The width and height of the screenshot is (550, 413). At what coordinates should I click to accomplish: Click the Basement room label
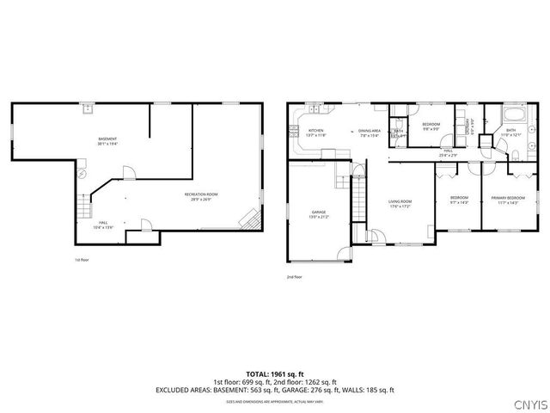click(x=107, y=141)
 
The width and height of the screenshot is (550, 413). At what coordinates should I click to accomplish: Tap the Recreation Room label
click(x=201, y=196)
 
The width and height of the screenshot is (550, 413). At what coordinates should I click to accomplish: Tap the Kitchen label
click(x=316, y=133)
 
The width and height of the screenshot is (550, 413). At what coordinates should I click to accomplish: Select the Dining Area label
click(x=370, y=133)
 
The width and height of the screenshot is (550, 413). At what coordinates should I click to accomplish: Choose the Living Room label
click(x=400, y=204)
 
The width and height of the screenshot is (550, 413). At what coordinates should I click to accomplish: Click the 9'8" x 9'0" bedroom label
click(x=431, y=126)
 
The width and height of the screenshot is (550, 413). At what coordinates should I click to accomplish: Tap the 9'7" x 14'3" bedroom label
click(x=459, y=200)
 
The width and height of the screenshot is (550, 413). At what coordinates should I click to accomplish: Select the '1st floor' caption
click(x=82, y=259)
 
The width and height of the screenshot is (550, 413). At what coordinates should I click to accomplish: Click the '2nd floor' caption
click(x=295, y=277)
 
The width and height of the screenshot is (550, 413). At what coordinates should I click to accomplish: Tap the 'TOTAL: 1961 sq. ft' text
click(x=275, y=374)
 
